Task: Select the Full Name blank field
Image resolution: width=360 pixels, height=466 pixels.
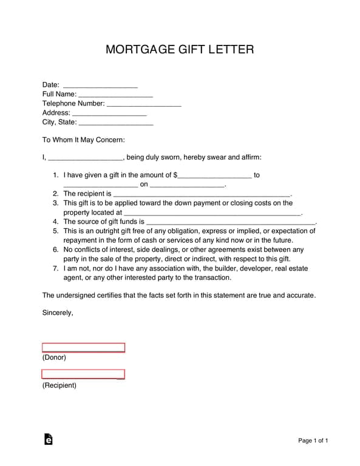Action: [x=115, y=95]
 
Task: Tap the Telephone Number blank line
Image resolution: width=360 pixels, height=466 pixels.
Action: [x=144, y=104]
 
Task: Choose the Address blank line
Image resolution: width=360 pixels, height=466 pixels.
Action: [x=109, y=113]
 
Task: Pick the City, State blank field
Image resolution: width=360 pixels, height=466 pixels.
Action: [x=116, y=123]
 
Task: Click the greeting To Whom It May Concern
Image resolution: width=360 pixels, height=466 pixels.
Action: [x=83, y=140]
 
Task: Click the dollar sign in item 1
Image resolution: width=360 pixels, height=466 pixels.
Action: [x=175, y=175]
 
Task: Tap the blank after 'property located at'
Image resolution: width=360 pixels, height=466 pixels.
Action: [x=212, y=214]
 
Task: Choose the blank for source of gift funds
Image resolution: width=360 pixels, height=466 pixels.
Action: [x=231, y=223]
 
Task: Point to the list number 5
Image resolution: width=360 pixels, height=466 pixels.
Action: [x=55, y=231]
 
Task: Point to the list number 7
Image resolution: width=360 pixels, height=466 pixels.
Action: [x=55, y=268]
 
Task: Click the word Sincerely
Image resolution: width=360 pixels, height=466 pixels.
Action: [x=58, y=313]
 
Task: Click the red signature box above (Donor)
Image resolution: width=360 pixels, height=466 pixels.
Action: [x=83, y=348]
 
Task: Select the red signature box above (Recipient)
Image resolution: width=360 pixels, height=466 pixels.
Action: [x=83, y=374]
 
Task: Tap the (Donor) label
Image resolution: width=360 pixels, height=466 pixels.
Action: [x=54, y=357]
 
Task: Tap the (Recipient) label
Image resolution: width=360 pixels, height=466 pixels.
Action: [x=59, y=385]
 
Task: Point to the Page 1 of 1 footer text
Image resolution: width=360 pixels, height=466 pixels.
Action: [x=313, y=441]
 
